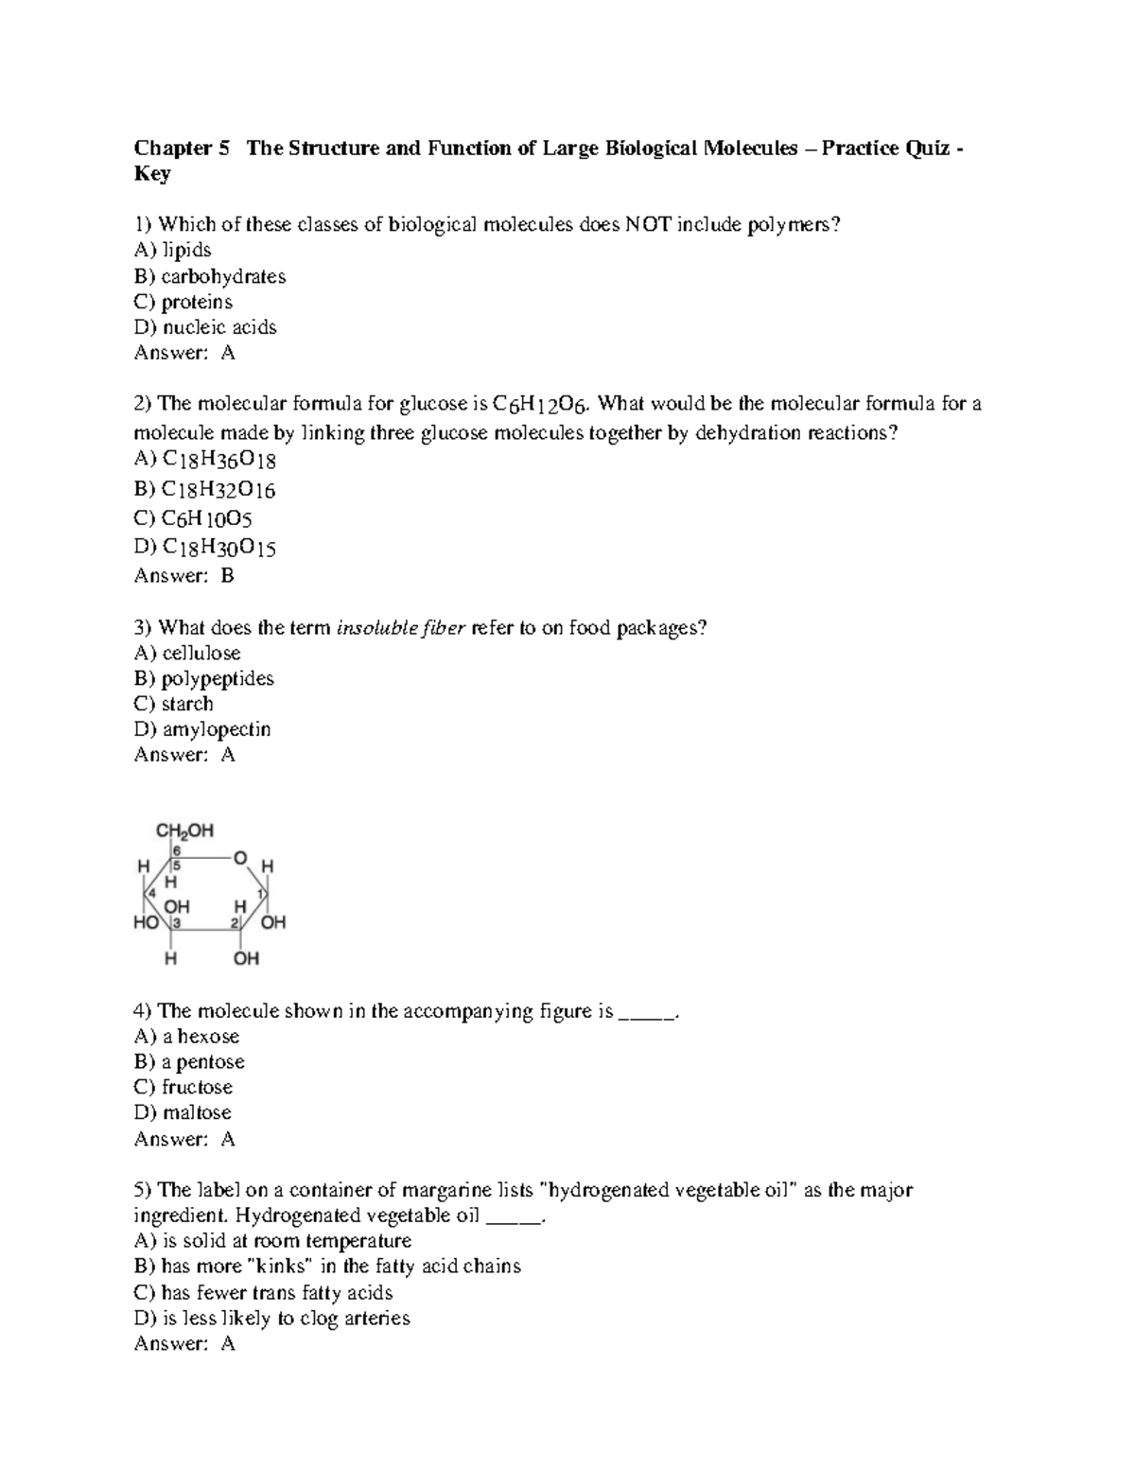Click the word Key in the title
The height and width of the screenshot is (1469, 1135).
click(152, 174)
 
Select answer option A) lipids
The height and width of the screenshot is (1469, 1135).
click(173, 251)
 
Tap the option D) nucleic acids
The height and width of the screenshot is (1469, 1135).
click(205, 327)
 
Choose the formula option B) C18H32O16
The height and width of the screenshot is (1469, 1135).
click(205, 490)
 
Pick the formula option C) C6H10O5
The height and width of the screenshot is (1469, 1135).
click(193, 519)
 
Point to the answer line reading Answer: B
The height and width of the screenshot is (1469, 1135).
click(184, 575)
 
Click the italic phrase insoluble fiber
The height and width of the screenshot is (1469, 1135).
click(401, 628)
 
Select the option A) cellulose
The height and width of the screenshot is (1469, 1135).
click(187, 654)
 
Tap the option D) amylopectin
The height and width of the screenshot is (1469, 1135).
click(202, 730)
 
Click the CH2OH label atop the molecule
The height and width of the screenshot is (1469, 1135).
click(184, 831)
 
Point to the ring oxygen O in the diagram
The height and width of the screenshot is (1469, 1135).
click(240, 858)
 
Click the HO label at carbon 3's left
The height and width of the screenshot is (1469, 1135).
click(147, 922)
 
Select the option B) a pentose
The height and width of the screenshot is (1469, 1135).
click(189, 1062)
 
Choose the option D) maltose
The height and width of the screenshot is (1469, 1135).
click(183, 1113)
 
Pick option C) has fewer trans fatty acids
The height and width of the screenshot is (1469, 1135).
click(263, 1293)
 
